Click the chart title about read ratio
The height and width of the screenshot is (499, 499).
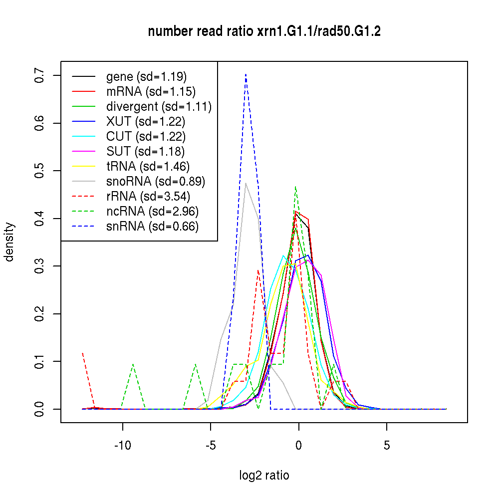tap(264, 32)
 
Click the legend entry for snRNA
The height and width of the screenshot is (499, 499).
tap(152, 226)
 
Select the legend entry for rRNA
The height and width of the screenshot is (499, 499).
tap(148, 196)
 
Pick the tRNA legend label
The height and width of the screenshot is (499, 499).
tap(148, 166)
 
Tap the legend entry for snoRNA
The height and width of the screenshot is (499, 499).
tap(156, 181)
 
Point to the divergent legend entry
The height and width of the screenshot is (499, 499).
tap(159, 106)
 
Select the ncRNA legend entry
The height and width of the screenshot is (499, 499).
tap(152, 211)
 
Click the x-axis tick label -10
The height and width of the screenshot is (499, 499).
tap(122, 445)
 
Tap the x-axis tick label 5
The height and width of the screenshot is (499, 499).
tap(387, 445)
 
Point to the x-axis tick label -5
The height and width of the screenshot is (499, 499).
tap(210, 445)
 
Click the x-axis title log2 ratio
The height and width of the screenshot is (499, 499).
tap(264, 476)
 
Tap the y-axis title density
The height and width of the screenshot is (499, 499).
tap(9, 242)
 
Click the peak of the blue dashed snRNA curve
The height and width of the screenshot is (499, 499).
tap(246, 75)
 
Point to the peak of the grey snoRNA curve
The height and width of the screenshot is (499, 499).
tap(246, 183)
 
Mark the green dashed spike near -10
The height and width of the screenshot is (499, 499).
tap(133, 365)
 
